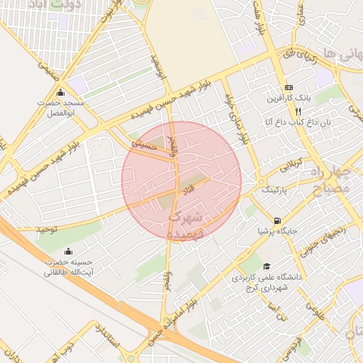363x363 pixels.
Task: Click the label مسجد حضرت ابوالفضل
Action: pyautogui.click(x=60, y=108)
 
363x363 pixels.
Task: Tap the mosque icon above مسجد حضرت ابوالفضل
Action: pyautogui.click(x=60, y=93)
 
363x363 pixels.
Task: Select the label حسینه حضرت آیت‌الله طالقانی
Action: pyautogui.click(x=68, y=267)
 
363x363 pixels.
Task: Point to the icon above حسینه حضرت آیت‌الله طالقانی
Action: pyautogui.click(x=68, y=251)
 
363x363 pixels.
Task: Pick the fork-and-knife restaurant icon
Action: pyautogui.click(x=298, y=111)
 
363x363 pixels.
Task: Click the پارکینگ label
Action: pyautogui.click(x=276, y=190)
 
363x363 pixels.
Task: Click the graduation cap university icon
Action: pyautogui.click(x=267, y=267)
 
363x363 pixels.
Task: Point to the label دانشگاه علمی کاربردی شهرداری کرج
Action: pyautogui.click(x=267, y=283)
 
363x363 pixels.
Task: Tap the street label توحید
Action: pyautogui.click(x=48, y=230)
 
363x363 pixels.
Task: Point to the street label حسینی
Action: pyautogui.click(x=143, y=144)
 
